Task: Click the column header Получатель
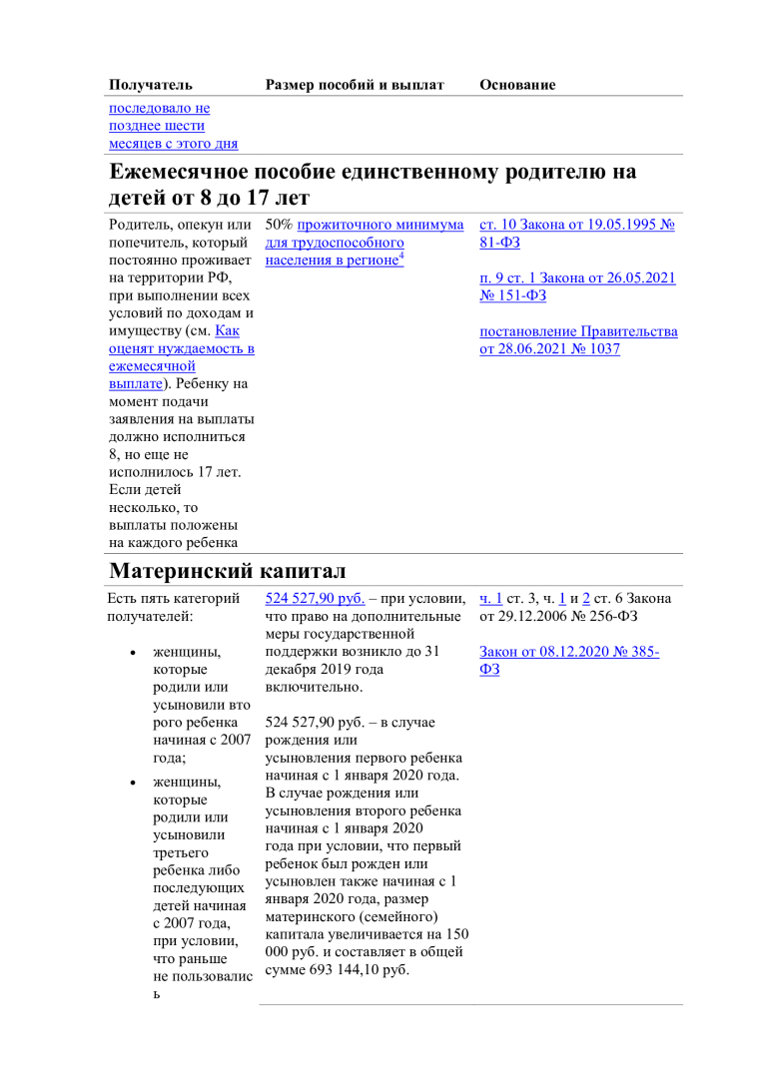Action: [x=150, y=85]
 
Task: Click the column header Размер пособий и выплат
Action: [x=355, y=85]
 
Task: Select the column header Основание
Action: [x=517, y=85]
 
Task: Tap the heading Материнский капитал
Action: [x=227, y=571]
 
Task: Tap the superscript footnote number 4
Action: [x=400, y=256]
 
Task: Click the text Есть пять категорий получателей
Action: [x=175, y=607]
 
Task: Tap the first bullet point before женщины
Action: [x=134, y=653]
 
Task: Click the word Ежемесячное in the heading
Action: [x=178, y=172]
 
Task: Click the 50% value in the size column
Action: [x=280, y=225]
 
